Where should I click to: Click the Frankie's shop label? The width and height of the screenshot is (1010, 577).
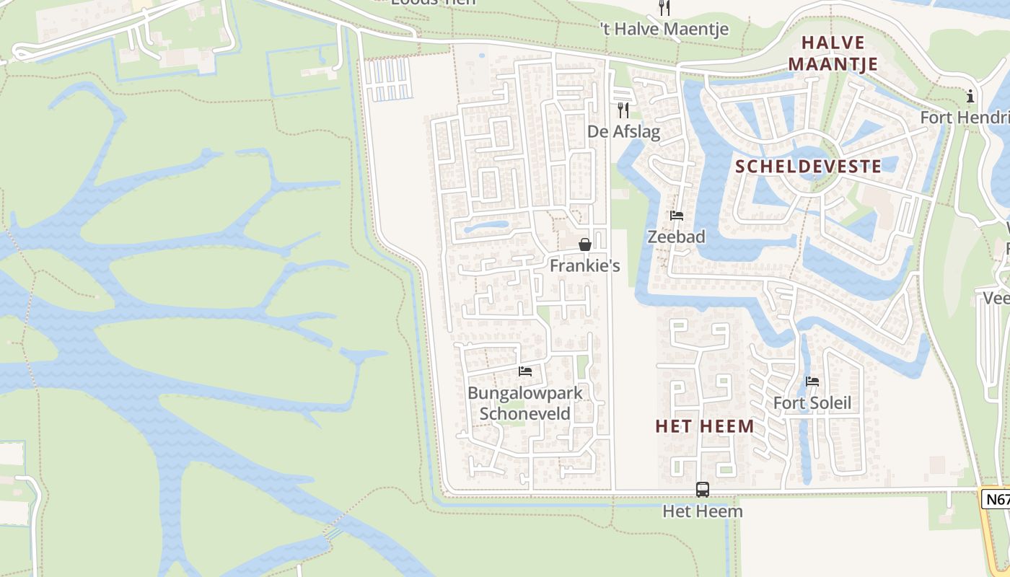(584, 265)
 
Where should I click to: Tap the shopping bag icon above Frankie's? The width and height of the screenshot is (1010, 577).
(585, 245)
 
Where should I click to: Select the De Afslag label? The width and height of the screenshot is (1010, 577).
(623, 131)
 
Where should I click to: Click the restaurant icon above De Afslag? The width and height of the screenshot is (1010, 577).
(623, 110)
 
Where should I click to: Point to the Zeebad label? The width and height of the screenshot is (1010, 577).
(676, 237)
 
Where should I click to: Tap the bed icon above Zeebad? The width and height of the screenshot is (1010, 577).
(676, 215)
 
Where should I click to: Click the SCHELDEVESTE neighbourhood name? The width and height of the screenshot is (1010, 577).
(808, 167)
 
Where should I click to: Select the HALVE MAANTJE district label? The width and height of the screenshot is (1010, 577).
(833, 53)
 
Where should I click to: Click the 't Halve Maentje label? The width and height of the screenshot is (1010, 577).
(664, 29)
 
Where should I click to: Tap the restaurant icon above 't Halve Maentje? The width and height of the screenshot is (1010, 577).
(664, 8)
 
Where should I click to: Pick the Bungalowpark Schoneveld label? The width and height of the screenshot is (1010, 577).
(525, 403)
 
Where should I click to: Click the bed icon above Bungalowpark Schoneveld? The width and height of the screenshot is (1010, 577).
(525, 371)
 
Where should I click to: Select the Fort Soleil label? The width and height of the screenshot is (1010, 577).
(812, 402)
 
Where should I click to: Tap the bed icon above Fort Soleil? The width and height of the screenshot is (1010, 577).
(812, 382)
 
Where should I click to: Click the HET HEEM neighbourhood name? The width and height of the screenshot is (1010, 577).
(705, 426)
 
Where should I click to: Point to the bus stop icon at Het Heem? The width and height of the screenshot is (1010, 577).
(702, 490)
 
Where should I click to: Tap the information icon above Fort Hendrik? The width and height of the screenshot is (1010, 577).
(970, 96)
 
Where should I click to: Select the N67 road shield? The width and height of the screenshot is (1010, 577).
(998, 499)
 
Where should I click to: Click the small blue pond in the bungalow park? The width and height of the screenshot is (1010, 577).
(486, 228)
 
